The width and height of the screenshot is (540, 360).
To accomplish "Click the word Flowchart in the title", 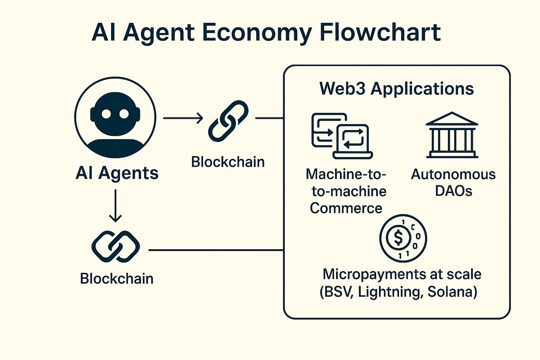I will point(380,32).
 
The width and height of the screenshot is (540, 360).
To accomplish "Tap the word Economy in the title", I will point(257,33).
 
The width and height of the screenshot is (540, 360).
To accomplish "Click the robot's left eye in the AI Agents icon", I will point(106,114).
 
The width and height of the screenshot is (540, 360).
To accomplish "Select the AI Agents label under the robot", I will point(117,173).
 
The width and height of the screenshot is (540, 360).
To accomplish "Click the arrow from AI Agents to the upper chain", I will point(183,118).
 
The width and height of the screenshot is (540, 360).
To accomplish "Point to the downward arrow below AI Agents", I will point(115,206).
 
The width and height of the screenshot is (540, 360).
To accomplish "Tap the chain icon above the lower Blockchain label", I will point(116,246).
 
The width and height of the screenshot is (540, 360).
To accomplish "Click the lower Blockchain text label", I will point(117,278).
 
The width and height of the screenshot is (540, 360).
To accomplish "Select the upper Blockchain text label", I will point(228,162).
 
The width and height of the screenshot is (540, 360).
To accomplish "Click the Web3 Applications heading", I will point(397,88).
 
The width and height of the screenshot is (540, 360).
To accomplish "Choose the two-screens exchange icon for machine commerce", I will point(342,136).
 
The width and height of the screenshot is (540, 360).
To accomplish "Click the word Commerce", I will point(346,208).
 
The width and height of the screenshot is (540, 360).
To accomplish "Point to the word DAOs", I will point(454,191).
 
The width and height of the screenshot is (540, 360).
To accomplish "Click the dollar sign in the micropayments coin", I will point(398,238).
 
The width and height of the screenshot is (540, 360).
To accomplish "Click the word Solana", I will point(452,292).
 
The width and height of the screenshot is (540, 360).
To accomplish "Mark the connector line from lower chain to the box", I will point(216,250).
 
